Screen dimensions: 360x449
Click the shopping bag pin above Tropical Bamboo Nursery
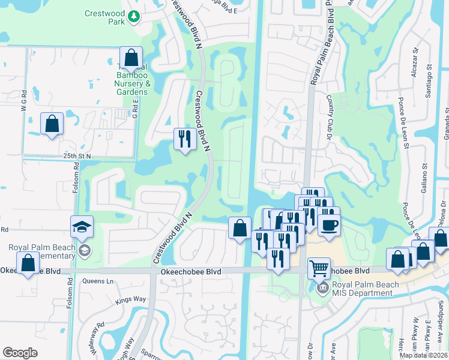(131, 58)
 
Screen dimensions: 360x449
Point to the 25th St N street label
(77, 156)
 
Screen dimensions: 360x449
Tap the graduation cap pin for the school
(82, 227)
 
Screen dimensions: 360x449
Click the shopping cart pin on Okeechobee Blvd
(319, 267)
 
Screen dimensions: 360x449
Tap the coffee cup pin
(328, 225)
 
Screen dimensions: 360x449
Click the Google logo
(20, 353)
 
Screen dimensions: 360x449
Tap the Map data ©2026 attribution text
(423, 355)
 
